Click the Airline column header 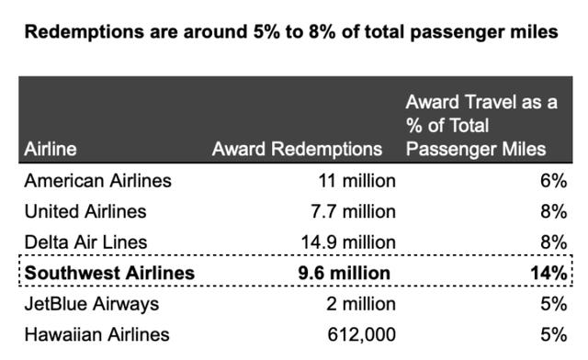(51, 148)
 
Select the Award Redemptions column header (297, 148)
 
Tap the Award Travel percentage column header (481, 126)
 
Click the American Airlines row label (97, 181)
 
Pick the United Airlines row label (85, 211)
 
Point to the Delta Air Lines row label (86, 242)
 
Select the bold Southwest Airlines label (109, 273)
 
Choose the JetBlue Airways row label (92, 303)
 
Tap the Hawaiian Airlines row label (96, 334)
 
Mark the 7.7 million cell (353, 211)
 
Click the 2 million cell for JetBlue (360, 303)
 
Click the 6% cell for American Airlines (553, 181)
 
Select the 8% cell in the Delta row (553, 242)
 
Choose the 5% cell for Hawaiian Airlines (553, 334)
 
